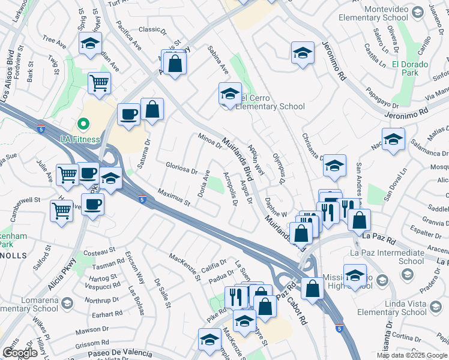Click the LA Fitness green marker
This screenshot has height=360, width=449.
click(x=83, y=125)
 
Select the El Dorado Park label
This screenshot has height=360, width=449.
click(x=410, y=68)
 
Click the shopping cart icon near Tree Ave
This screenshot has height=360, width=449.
click(x=99, y=83)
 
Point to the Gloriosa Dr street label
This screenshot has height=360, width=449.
click(x=182, y=167)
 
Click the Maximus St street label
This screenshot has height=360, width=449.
click(x=173, y=199)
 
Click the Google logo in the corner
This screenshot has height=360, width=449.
click(x=20, y=353)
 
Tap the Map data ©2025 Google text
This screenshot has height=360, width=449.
click(x=412, y=355)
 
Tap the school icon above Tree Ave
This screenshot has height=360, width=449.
click(x=90, y=43)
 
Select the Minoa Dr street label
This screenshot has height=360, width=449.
click(x=210, y=143)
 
